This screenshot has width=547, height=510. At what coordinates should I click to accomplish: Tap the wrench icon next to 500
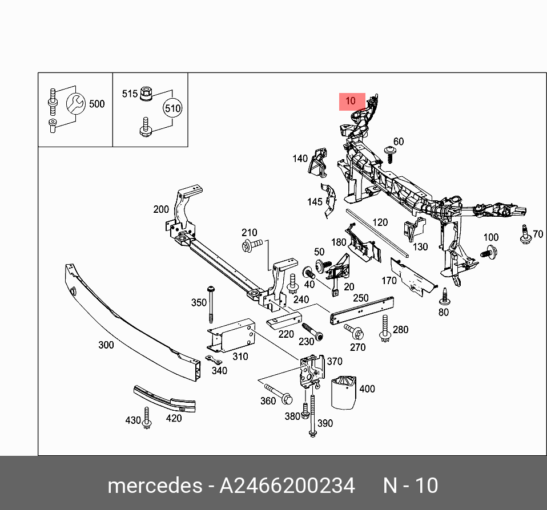coord(75,103)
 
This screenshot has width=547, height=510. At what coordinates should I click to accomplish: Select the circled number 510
coord(172,108)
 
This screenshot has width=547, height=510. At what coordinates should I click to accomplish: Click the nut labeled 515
coord(146,92)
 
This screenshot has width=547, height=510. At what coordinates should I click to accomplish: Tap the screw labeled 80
coord(444,296)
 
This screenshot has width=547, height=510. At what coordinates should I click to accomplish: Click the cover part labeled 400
coord(344,392)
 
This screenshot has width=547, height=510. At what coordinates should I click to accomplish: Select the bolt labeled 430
coord(147,418)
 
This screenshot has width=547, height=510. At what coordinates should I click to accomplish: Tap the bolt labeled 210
coord(252,245)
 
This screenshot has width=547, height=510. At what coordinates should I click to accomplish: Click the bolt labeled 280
coord(385,329)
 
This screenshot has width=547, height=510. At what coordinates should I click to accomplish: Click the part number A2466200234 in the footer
coord(287,485)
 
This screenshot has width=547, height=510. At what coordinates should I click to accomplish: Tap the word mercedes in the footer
coord(150,485)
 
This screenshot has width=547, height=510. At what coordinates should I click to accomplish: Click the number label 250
coord(361,298)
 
